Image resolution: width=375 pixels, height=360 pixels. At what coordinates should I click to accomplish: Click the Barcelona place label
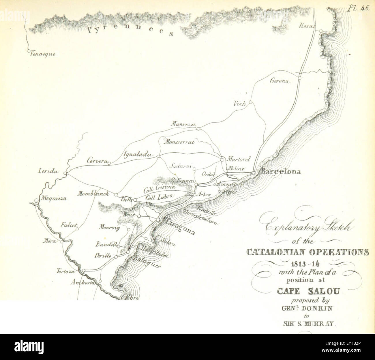coord(280,172)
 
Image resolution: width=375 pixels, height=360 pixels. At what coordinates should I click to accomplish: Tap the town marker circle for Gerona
coord(300,78)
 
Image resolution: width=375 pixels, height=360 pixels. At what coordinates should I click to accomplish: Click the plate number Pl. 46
coord(358,8)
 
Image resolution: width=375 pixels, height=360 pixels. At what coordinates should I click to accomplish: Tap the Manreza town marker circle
coord(198,129)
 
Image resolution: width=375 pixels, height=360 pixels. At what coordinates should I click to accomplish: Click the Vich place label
coord(240,104)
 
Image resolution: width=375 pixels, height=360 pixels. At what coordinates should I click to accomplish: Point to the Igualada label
coord(137,154)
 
